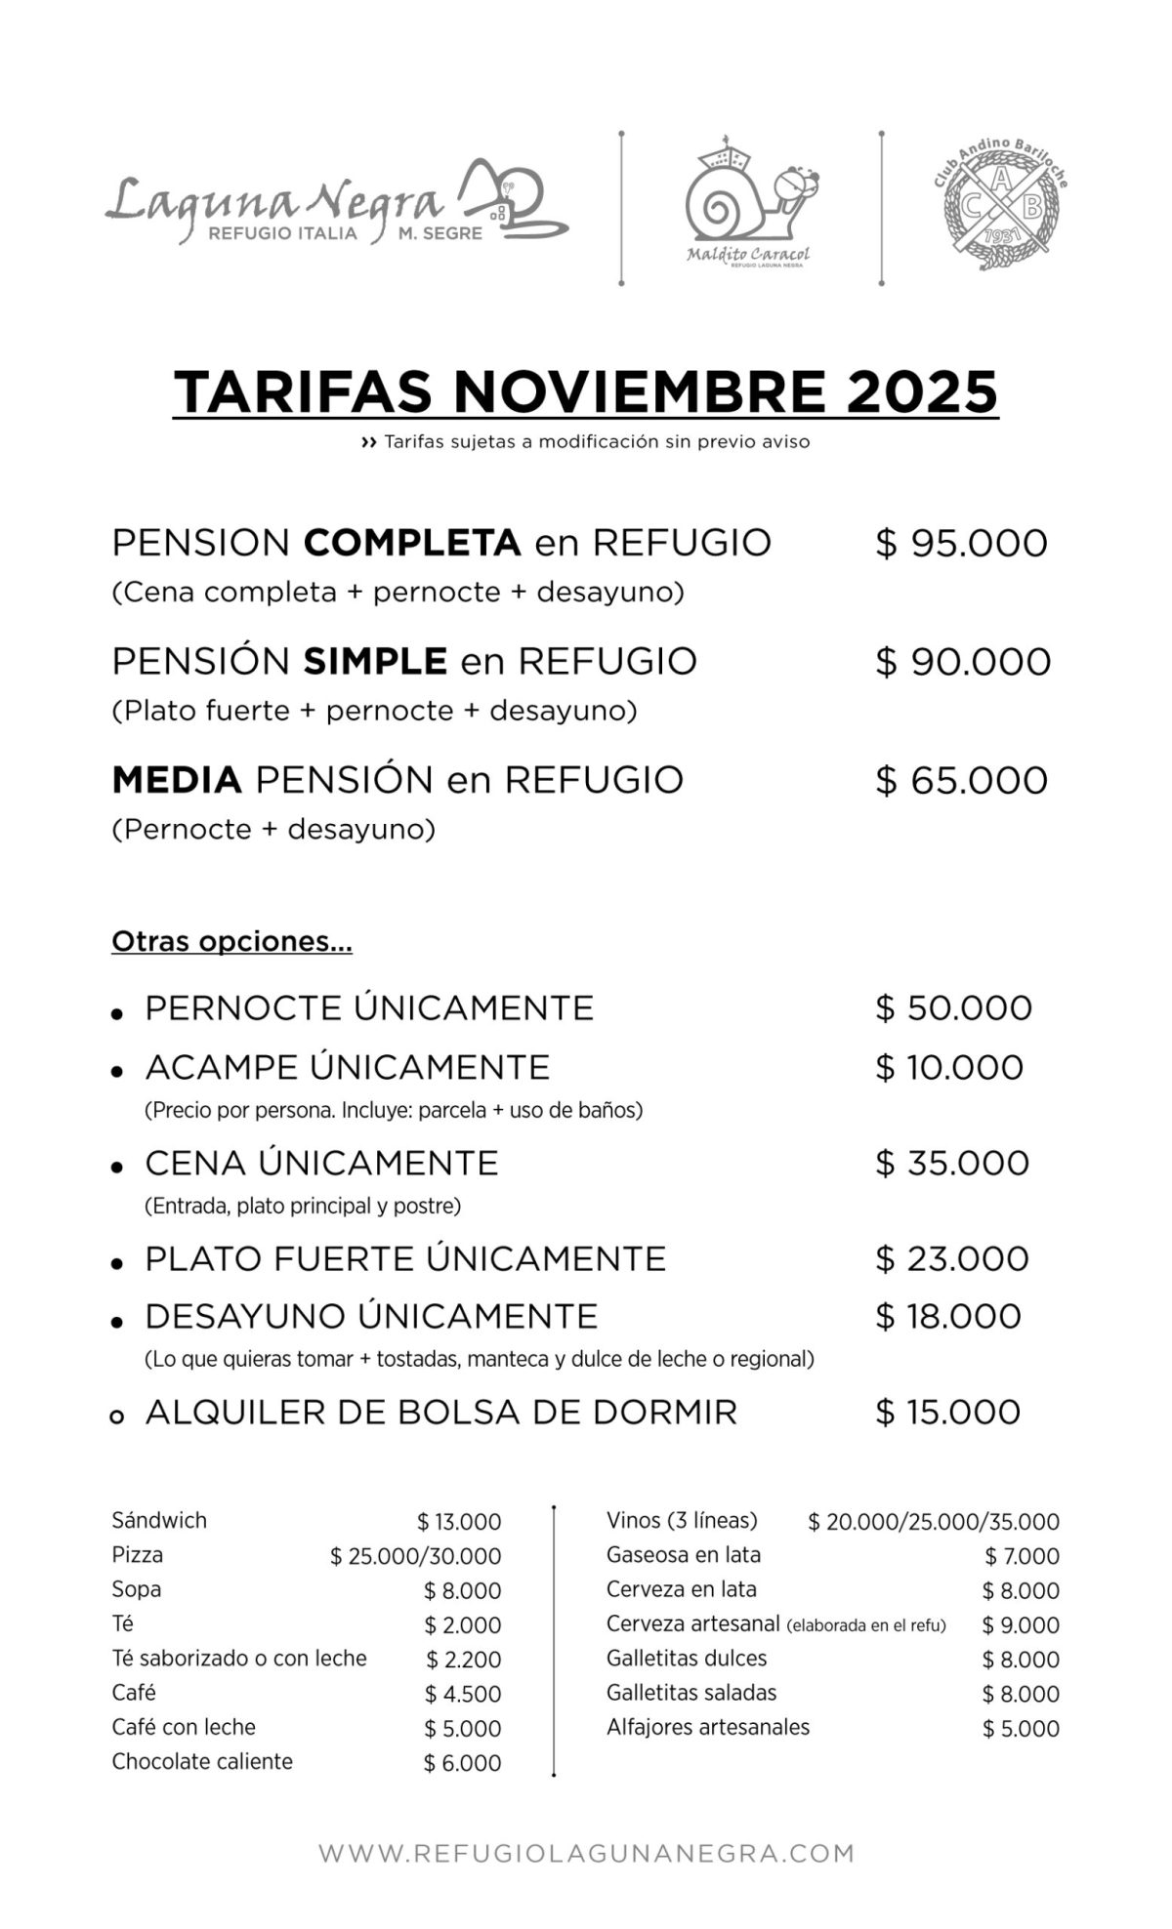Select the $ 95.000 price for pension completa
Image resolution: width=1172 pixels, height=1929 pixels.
coord(961,544)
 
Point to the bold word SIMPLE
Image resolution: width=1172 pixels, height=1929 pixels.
coord(375,662)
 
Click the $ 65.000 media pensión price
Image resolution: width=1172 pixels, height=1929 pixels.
coord(961,781)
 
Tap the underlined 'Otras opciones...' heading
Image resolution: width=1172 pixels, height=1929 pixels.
coord(231,942)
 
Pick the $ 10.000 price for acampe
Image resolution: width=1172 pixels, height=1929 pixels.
coord(949,1068)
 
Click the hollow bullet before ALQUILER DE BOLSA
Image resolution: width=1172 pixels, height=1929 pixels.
coord(117,1416)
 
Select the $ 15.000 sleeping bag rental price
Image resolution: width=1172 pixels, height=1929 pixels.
coord(948,1413)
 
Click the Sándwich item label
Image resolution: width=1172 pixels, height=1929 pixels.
coord(159,1521)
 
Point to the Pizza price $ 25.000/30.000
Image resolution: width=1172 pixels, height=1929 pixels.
coord(415,1557)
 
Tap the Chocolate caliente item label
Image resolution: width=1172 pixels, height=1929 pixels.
coord(202,1762)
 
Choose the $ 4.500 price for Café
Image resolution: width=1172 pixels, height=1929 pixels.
coord(462,1695)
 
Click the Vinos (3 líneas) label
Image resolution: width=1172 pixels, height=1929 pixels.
coord(682,1521)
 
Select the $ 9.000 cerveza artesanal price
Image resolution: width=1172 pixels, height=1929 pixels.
coord(1021,1625)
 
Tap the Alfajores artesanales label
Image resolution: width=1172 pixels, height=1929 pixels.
coord(708,1728)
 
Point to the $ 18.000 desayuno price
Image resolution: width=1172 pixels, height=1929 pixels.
coord(948,1317)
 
